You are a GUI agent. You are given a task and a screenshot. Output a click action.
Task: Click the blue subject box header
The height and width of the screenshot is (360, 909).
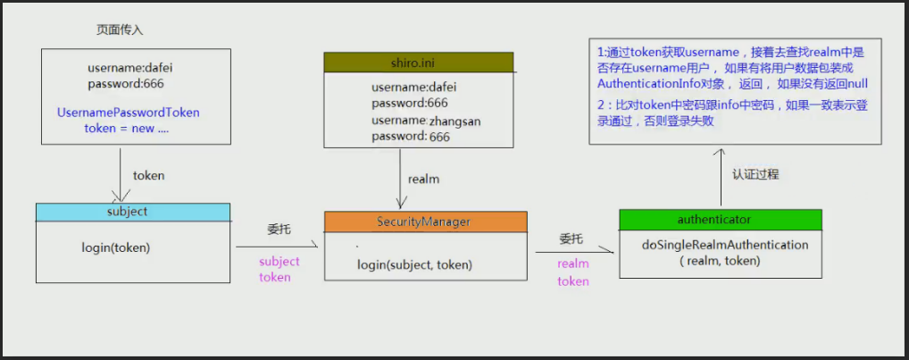[x=133, y=212]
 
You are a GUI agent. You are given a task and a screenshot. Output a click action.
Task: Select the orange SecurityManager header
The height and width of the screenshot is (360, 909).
[x=426, y=222]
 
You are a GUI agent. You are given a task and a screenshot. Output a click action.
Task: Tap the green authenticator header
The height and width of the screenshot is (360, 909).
[x=720, y=220]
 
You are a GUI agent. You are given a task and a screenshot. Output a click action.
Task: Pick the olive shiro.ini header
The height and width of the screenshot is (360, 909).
[x=419, y=62]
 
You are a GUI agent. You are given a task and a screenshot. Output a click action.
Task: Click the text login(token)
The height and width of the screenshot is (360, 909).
[x=116, y=248]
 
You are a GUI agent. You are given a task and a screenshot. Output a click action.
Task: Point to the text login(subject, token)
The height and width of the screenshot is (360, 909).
[x=414, y=265]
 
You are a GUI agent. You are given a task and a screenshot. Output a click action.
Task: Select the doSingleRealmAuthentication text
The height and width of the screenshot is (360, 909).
[x=725, y=245]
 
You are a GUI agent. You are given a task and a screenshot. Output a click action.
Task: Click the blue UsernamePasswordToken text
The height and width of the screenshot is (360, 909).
[x=128, y=113]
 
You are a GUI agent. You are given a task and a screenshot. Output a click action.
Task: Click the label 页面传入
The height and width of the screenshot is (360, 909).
[x=120, y=30]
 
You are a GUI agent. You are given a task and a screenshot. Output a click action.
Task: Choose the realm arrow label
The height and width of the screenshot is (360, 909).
[x=423, y=180]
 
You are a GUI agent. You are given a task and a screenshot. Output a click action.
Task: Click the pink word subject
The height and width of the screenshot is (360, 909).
[x=279, y=262]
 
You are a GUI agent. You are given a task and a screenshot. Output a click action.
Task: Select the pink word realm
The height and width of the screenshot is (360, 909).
[x=573, y=264]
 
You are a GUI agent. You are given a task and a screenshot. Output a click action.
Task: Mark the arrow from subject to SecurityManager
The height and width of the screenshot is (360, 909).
[x=277, y=247]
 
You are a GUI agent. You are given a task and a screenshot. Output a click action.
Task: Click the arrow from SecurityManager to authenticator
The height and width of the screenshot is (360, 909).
[x=574, y=252]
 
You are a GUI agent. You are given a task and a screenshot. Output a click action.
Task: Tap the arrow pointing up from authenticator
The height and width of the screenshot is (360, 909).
[x=721, y=177]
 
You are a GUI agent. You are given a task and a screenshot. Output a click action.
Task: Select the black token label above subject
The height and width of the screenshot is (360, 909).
[x=149, y=176]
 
